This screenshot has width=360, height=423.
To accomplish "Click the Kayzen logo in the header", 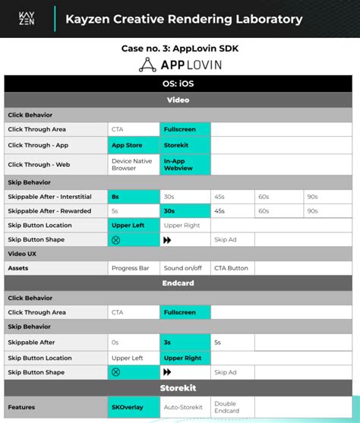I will [x=28, y=19].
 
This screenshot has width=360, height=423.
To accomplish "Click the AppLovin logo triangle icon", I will [x=147, y=65].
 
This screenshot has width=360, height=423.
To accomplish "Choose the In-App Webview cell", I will [x=185, y=165].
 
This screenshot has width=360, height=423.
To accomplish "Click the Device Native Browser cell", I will [x=133, y=165].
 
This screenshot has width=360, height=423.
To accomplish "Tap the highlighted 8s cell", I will [x=133, y=196].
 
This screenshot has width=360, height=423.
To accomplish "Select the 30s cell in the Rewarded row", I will [x=185, y=210].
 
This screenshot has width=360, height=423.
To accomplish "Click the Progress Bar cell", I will [x=133, y=268].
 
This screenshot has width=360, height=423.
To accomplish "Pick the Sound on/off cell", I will [x=185, y=268].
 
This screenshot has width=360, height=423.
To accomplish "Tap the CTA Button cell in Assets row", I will [x=232, y=268].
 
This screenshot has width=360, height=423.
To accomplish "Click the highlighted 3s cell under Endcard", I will [x=185, y=343].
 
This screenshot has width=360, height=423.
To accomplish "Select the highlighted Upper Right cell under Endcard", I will [x=185, y=357].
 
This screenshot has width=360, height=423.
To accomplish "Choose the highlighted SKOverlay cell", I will [x=133, y=407].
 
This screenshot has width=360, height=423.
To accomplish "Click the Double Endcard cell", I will [x=232, y=407].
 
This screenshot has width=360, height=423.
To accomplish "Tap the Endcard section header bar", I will [x=180, y=283].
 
